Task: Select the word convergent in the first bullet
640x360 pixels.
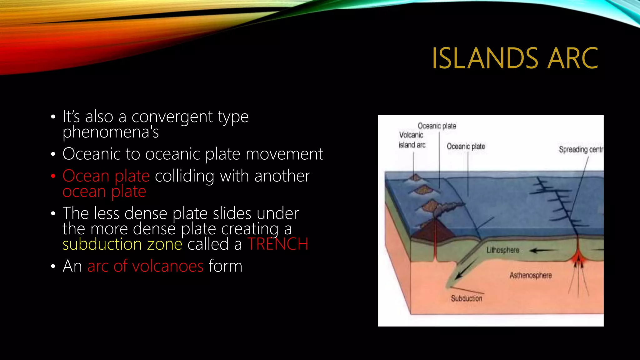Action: click(172, 117)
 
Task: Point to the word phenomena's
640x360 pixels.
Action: click(111, 132)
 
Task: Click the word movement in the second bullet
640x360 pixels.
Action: click(284, 154)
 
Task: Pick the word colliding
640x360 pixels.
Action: click(184, 176)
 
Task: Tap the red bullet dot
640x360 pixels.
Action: click(53, 176)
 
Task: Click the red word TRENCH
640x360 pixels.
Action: click(278, 244)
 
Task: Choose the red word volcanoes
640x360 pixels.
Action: click(168, 266)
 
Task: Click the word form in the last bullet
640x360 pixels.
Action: click(225, 266)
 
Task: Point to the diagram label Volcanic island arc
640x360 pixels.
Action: click(412, 140)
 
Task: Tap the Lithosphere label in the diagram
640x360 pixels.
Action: click(502, 250)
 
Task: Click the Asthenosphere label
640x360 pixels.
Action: click(531, 275)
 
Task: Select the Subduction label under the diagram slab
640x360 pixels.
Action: click(466, 298)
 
